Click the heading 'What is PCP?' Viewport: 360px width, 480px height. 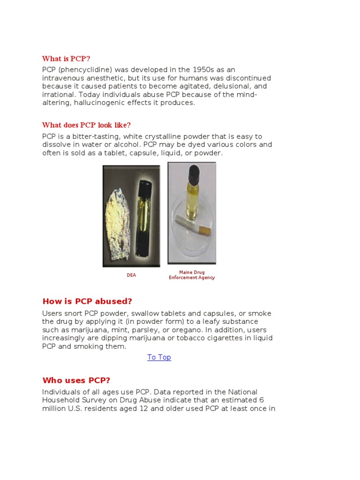coord(66,59)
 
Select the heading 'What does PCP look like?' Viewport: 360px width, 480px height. coord(86,125)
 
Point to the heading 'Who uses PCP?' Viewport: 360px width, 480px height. coord(76,380)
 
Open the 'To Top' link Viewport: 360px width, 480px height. coord(159,357)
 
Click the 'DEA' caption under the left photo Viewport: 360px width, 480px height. coord(131,275)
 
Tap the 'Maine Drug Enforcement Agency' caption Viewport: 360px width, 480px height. coord(192,275)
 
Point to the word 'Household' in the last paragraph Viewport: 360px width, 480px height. coord(61,400)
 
